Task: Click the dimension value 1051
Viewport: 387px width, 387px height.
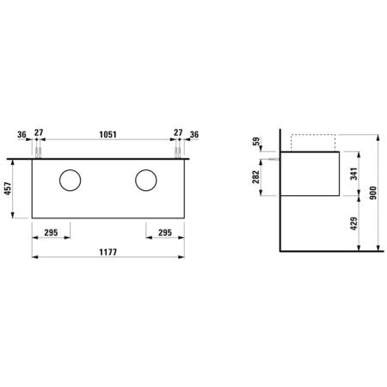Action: click(107, 134)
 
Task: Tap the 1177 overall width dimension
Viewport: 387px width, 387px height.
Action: click(108, 252)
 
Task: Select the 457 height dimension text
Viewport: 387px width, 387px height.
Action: click(8, 188)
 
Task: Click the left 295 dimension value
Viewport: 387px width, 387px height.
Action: click(51, 232)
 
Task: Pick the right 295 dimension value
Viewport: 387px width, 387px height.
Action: click(165, 232)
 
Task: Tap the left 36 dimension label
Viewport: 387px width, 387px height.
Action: click(21, 134)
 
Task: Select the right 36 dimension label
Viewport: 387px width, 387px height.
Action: click(194, 134)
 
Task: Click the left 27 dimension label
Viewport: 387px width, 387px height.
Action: click(39, 132)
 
